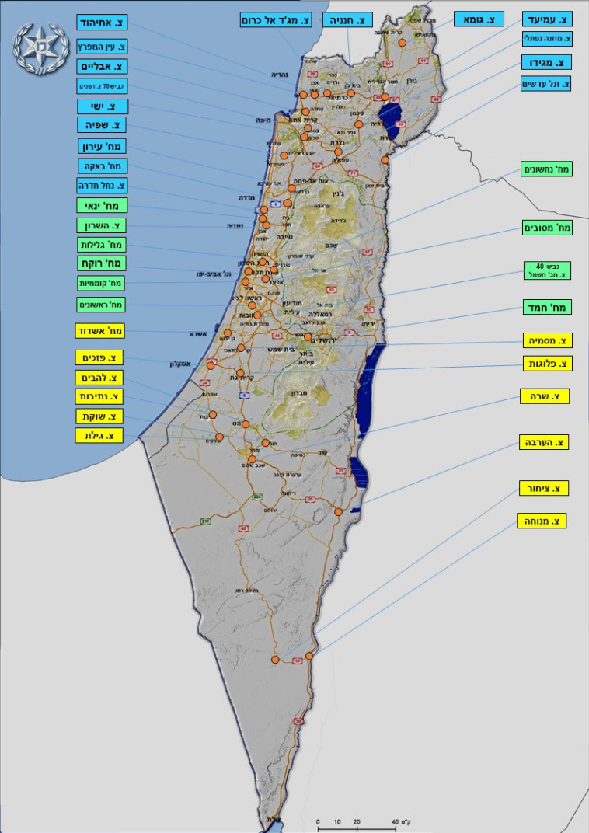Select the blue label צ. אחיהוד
point(102,23)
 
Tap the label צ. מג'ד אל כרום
point(275,20)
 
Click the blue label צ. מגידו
point(545,62)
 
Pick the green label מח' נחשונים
point(547,169)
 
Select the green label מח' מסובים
point(547,228)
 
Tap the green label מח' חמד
point(547,307)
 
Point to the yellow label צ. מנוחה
point(542,521)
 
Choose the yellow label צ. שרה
point(544,396)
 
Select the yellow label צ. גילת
point(99,436)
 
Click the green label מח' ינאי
point(102,206)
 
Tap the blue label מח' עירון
point(102,146)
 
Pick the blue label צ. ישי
point(102,106)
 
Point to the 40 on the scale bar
point(395,821)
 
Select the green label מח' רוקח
point(102,264)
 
